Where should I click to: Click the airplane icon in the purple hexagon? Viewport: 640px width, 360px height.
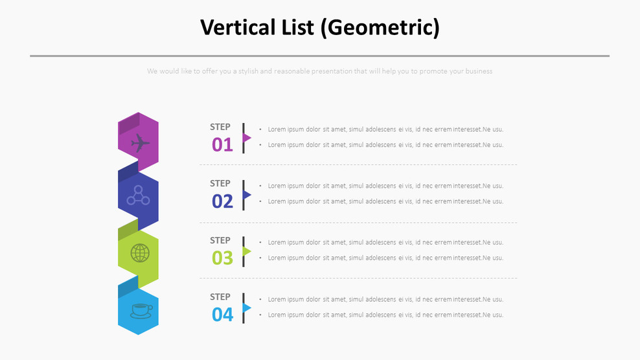pyautogui.click(x=140, y=143)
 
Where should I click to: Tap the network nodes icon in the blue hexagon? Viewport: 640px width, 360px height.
pyautogui.click(x=138, y=196)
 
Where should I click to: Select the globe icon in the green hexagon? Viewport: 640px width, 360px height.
pyautogui.click(x=140, y=253)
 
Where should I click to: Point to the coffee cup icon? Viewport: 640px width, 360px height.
pyautogui.click(x=141, y=311)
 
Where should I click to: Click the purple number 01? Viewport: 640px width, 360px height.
pyautogui.click(x=222, y=144)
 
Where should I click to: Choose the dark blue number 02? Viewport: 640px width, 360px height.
pyautogui.click(x=222, y=201)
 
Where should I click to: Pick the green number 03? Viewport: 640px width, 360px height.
pyautogui.click(x=222, y=258)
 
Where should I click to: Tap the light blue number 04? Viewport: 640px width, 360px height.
pyautogui.click(x=222, y=315)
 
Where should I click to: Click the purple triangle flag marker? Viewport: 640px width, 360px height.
pyautogui.click(x=247, y=138)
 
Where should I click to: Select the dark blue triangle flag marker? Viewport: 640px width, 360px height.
pyautogui.click(x=247, y=194)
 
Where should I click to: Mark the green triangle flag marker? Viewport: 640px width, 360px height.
pyautogui.click(x=247, y=251)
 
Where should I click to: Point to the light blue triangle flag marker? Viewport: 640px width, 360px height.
pyautogui.click(x=247, y=308)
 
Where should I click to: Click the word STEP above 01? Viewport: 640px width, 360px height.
pyautogui.click(x=220, y=127)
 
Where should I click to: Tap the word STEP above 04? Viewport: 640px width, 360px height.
pyautogui.click(x=220, y=297)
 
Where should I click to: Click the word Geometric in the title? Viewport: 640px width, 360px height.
pyautogui.click(x=383, y=27)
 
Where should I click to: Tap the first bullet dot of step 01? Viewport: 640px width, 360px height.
pyautogui.click(x=260, y=129)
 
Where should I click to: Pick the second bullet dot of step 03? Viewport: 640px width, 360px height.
pyautogui.click(x=260, y=258)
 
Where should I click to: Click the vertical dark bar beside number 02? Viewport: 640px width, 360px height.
pyautogui.click(x=244, y=195)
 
